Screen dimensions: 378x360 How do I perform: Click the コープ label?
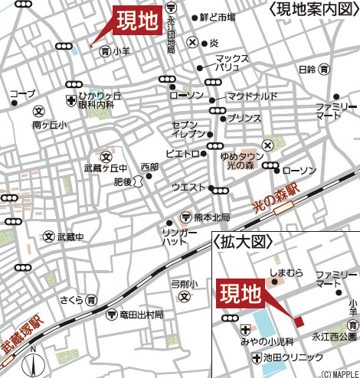tap(22, 93)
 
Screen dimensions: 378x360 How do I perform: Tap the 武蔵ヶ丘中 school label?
tap(105, 168)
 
